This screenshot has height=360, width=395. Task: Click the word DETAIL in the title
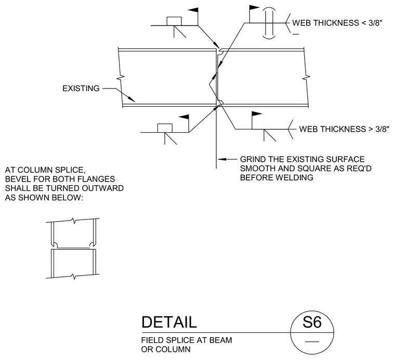coord(169,322)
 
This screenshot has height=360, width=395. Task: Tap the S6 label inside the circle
coord(312,322)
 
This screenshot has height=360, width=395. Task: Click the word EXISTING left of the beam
coord(81,88)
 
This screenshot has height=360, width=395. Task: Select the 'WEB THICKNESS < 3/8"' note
coord(337,23)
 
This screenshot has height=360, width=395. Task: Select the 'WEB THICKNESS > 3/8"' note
coord(345,129)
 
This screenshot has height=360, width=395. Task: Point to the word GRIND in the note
coord(253,159)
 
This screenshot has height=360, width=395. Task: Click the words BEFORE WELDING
coord(276,177)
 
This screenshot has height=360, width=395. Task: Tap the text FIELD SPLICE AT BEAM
coord(187,340)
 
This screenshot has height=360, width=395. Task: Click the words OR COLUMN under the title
coord(166,350)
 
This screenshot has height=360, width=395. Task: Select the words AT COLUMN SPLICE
coord(45,170)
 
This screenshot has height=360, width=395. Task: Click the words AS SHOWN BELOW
coord(44,197)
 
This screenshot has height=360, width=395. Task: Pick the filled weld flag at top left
coord(193,10)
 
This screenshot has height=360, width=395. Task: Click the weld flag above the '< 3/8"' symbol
coord(255,8)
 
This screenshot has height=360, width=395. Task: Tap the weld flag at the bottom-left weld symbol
coord(184,117)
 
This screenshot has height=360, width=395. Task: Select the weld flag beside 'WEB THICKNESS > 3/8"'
coord(257,114)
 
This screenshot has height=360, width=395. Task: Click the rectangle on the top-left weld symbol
coord(174,21)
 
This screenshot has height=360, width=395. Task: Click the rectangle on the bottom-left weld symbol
coord(165,128)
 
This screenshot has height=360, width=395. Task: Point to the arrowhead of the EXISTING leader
coord(131,99)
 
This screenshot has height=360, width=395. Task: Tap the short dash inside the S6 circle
coord(312,342)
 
